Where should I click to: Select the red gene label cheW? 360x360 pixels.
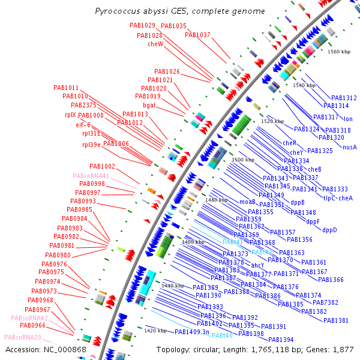click(155, 44)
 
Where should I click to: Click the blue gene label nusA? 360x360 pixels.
click(350, 147)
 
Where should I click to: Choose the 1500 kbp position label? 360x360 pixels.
click(244, 160)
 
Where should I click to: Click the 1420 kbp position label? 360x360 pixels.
click(155, 330)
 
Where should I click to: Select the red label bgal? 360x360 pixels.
click(149, 104)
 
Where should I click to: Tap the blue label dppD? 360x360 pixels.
click(329, 230)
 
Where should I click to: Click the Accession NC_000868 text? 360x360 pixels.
click(46, 349)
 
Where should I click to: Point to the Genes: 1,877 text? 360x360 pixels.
click(332, 349)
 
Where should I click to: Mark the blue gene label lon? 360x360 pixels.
click(348, 119)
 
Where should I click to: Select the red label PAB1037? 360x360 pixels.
click(197, 35)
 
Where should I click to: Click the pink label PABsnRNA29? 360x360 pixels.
click(23, 337)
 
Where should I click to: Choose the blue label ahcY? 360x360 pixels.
click(257, 265)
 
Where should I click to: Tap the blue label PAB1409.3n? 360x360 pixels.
click(192, 332)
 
